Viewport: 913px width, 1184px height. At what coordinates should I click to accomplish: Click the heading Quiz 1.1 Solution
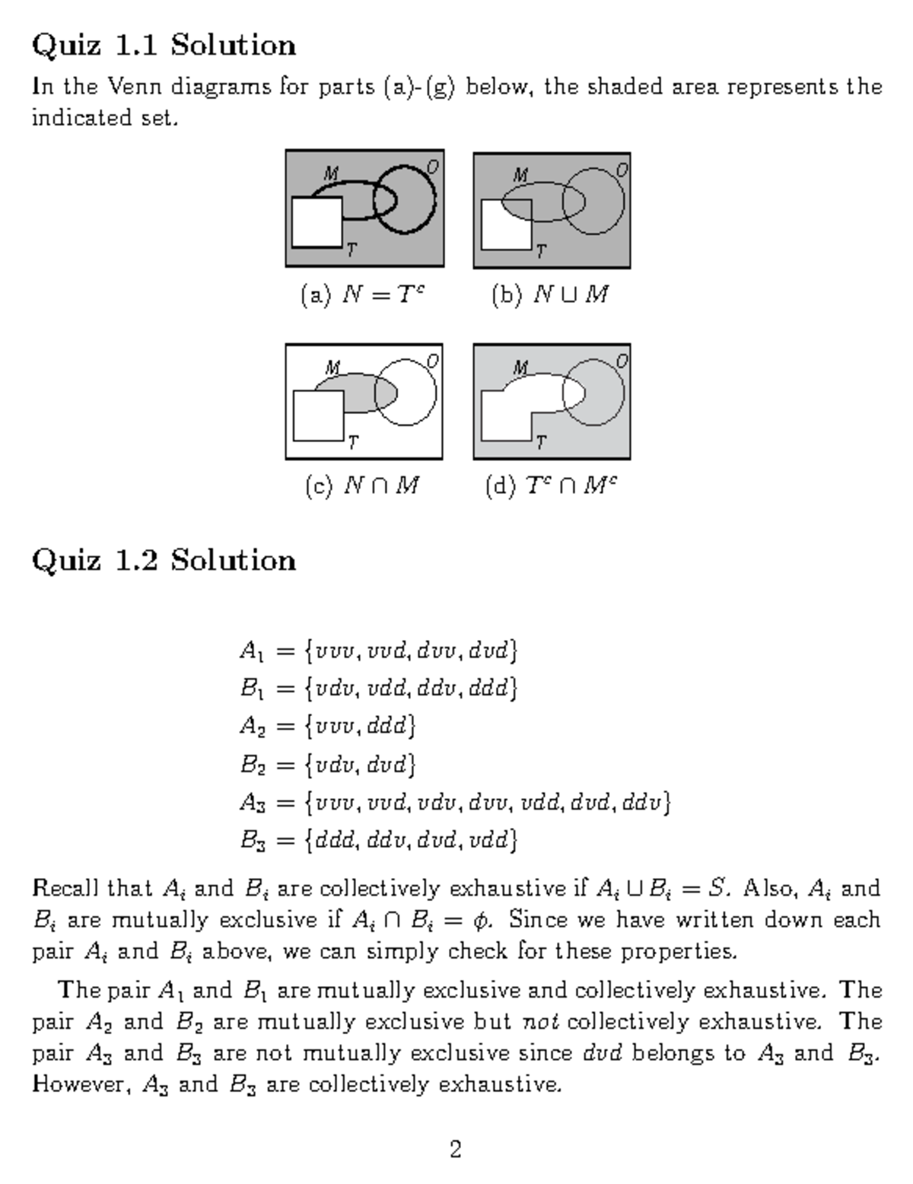click(164, 46)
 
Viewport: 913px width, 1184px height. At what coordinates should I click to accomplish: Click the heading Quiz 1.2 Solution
click(164, 561)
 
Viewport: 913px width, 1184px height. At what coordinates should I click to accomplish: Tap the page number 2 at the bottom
click(456, 1149)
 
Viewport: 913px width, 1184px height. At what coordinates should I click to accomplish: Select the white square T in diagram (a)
click(317, 221)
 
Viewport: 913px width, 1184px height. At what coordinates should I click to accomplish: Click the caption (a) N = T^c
click(363, 294)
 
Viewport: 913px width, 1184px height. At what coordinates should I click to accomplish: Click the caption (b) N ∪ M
click(550, 294)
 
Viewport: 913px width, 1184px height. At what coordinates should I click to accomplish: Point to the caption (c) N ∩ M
click(363, 485)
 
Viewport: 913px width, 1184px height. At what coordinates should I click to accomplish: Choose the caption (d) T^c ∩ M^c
click(550, 485)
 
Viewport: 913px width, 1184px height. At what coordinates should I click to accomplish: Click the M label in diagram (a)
click(331, 174)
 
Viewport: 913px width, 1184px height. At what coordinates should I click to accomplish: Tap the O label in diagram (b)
click(622, 169)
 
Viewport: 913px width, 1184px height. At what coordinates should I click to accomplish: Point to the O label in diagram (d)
click(622, 361)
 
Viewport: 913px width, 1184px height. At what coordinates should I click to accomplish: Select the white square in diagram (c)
click(318, 415)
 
